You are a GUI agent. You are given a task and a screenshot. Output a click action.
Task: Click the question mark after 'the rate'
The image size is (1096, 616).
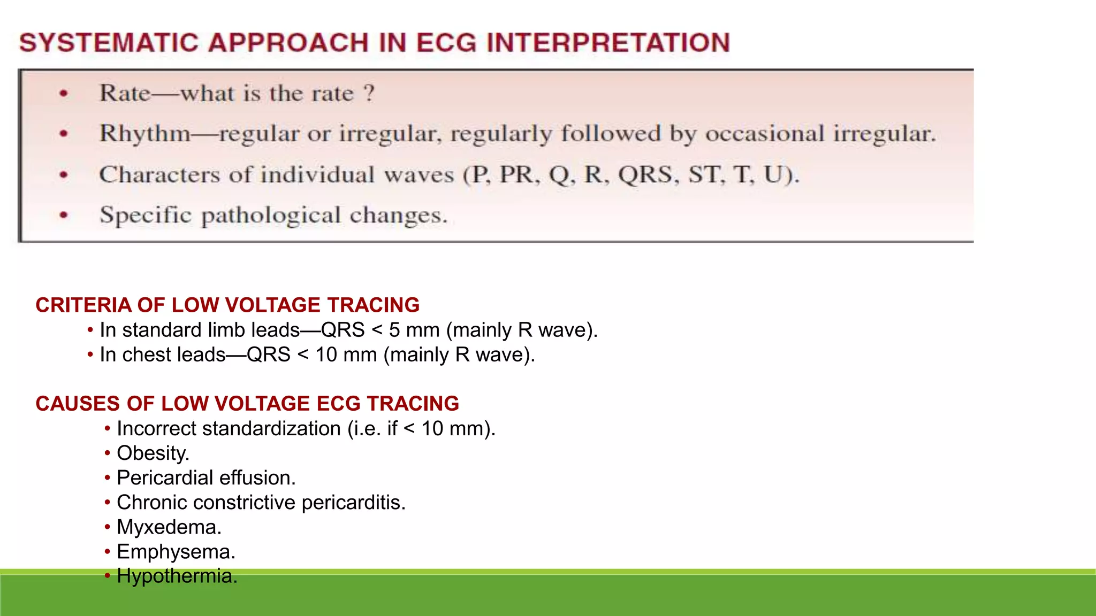point(369,94)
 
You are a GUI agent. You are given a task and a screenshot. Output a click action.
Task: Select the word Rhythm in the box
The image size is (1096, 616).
point(145,134)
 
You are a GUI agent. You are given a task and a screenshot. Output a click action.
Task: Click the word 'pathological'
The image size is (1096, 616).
point(271,215)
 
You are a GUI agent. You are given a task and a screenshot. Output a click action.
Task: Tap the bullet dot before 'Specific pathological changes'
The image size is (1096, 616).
point(64,215)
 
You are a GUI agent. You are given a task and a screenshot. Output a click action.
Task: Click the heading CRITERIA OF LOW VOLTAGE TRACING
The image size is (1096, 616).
point(227,305)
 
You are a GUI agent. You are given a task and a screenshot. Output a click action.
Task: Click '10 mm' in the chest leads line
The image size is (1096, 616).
point(346,355)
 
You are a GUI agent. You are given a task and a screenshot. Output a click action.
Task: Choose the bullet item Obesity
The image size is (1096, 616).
point(153,453)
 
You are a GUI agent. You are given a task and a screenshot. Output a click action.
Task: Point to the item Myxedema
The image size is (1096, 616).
point(169,527)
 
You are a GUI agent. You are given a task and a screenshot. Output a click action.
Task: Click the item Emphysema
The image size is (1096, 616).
point(176,551)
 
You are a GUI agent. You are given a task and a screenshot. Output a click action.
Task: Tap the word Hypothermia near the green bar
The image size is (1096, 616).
point(177,576)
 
